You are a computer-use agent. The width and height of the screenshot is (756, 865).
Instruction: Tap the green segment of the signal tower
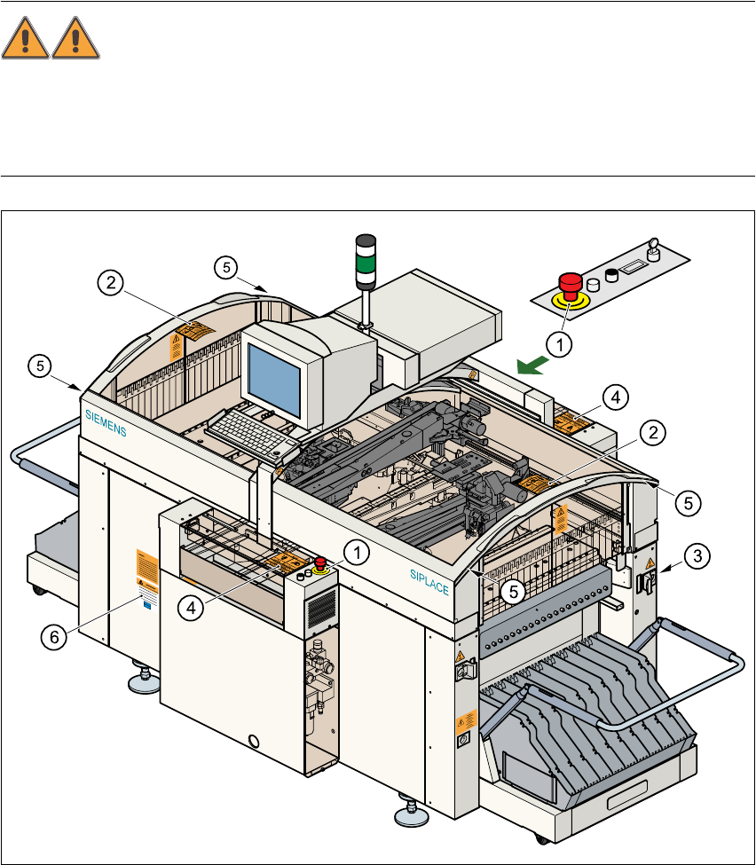click(366, 263)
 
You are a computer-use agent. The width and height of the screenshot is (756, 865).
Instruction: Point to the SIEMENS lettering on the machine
click(106, 422)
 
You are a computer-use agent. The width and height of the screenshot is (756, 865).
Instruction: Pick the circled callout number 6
click(56, 637)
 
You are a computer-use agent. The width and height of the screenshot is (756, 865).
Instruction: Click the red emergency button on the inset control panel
click(569, 286)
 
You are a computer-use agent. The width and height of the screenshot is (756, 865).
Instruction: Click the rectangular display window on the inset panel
click(633, 266)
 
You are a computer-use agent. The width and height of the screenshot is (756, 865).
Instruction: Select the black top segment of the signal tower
click(366, 243)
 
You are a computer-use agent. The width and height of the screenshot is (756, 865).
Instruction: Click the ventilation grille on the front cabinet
click(322, 609)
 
